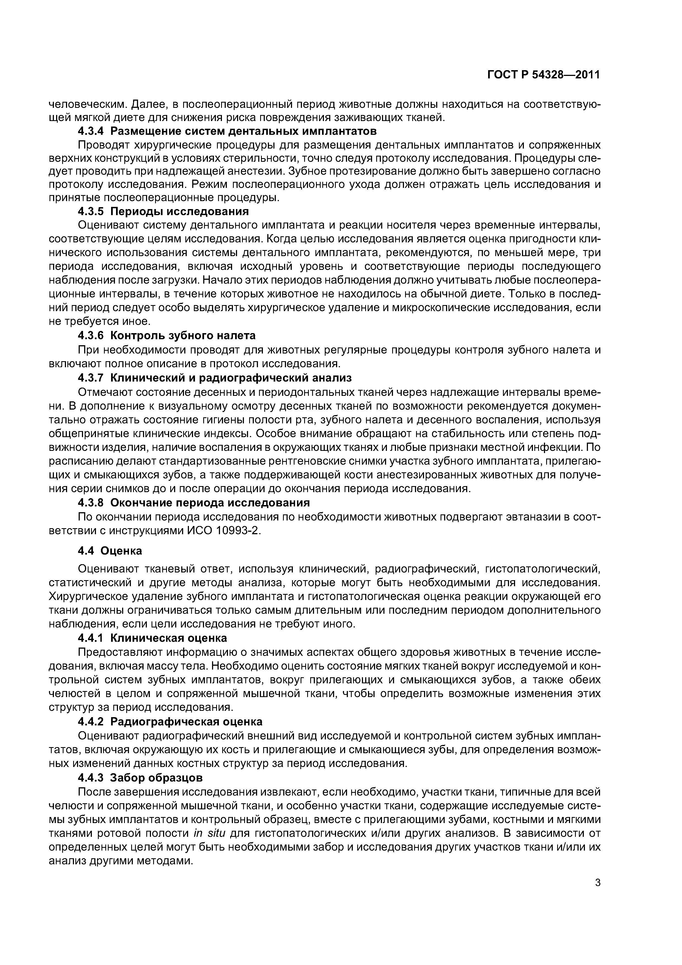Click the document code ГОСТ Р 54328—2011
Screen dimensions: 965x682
[x=543, y=75]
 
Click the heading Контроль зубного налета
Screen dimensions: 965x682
[x=183, y=335]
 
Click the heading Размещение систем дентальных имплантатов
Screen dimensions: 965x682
[x=243, y=131]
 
